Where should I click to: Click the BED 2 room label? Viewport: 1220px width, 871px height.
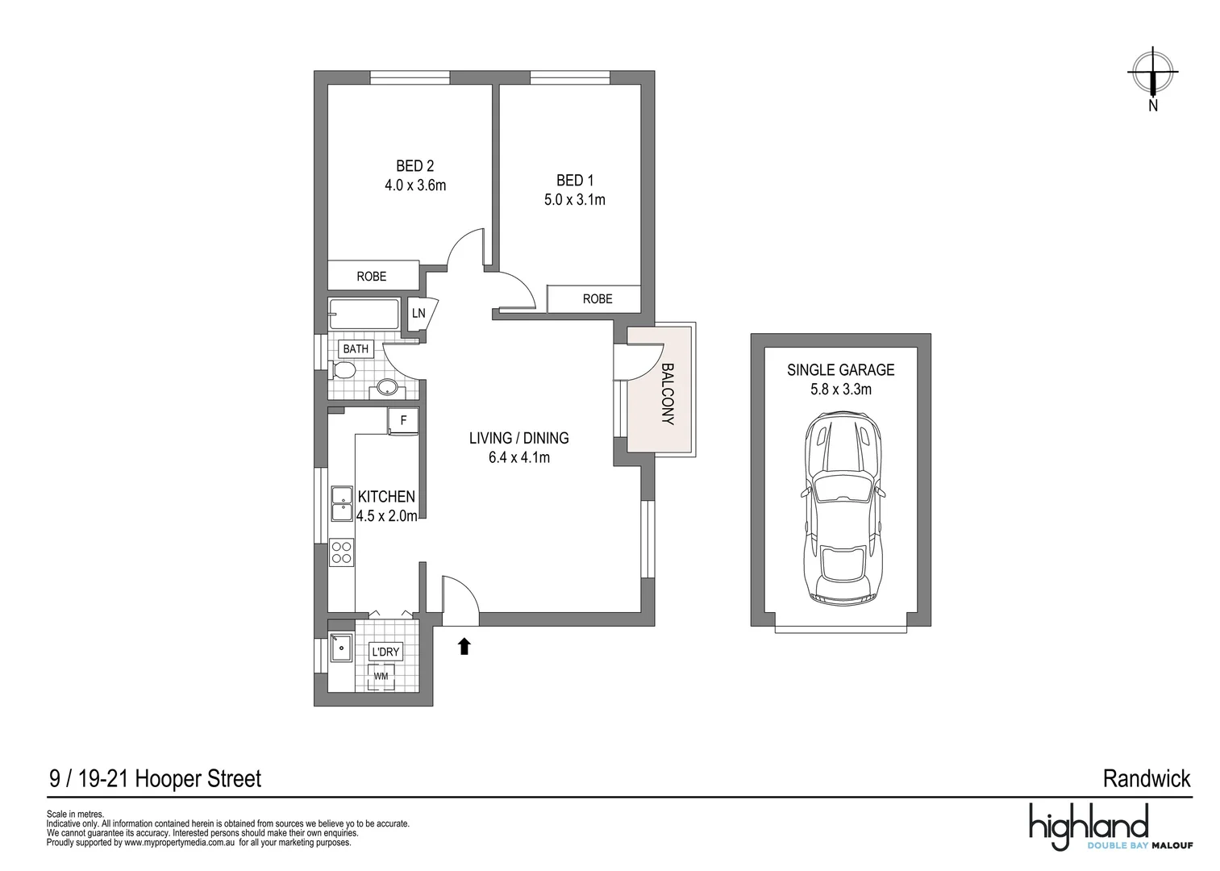[414, 166]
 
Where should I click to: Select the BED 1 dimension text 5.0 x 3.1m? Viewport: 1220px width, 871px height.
[574, 199]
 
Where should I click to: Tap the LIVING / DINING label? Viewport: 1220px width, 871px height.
[518, 438]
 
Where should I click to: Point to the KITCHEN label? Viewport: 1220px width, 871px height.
[386, 497]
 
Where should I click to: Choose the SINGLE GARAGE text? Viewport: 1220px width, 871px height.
[840, 370]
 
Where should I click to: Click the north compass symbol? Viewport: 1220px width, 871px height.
[1152, 73]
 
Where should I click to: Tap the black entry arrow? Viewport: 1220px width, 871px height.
[464, 645]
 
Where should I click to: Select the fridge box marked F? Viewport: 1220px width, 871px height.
[403, 420]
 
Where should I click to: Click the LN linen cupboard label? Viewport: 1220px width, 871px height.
[418, 313]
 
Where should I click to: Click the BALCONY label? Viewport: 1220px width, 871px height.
[668, 394]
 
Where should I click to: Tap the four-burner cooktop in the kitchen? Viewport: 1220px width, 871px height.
[341, 552]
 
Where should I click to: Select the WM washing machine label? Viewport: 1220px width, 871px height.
[381, 676]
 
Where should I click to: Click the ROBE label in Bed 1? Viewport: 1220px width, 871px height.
[597, 298]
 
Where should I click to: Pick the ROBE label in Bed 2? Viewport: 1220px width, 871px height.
[371, 277]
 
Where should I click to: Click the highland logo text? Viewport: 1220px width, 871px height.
[1088, 825]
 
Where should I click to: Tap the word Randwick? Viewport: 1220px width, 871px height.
[1146, 779]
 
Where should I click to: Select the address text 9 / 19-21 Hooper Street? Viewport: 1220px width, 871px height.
[155, 779]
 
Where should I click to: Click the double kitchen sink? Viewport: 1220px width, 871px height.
[341, 504]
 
